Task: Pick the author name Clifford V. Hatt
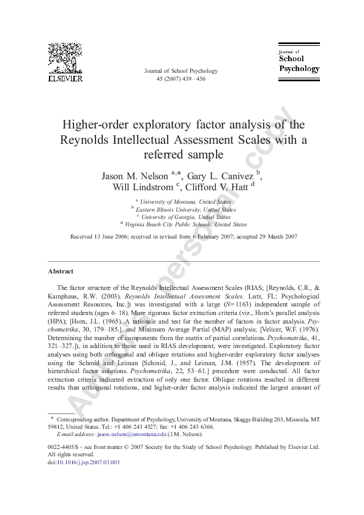[214, 187]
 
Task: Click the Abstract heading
[61, 271]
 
